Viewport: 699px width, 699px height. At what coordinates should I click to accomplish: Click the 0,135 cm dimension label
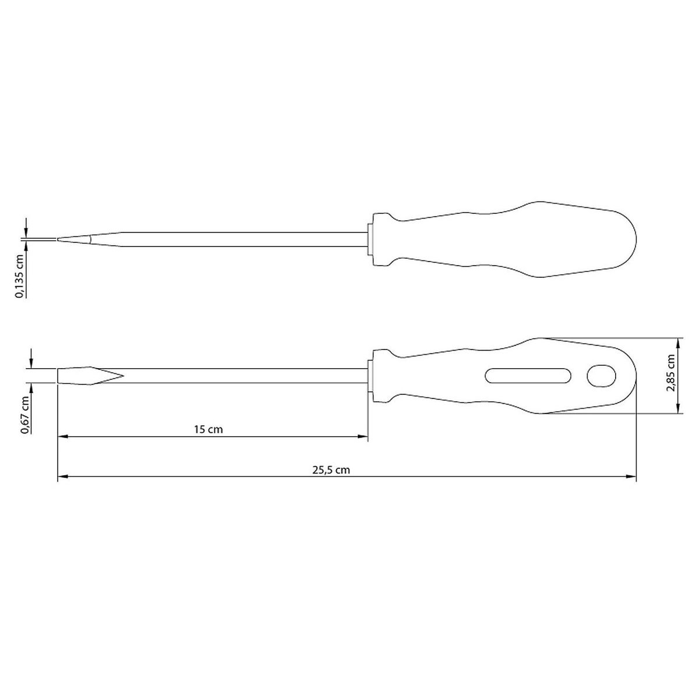click(20, 276)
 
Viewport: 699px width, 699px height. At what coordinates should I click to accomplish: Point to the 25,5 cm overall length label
click(331, 469)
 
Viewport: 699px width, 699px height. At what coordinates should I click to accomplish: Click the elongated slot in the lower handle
click(527, 376)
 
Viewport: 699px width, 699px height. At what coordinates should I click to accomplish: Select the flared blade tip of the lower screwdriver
click(91, 376)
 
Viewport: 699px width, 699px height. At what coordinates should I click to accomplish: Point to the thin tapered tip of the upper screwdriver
click(89, 239)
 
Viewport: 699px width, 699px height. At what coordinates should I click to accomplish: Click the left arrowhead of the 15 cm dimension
click(63, 436)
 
